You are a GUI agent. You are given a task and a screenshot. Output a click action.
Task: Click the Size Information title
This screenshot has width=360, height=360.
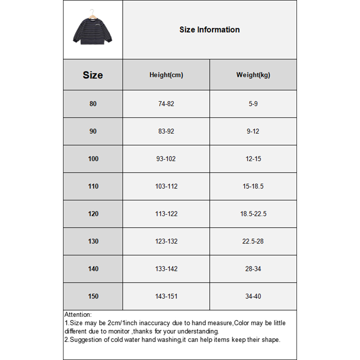click(x=209, y=30)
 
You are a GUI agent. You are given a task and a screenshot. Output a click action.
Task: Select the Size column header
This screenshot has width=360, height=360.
click(x=93, y=75)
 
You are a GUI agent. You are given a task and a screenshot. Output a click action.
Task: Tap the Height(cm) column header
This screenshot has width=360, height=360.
click(x=166, y=75)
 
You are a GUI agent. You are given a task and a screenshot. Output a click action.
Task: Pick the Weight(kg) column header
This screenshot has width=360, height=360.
click(x=253, y=75)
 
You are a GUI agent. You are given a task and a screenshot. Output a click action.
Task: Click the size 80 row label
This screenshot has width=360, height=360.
click(x=93, y=104)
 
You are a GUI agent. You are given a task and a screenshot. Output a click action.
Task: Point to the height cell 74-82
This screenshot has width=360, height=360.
click(x=166, y=104)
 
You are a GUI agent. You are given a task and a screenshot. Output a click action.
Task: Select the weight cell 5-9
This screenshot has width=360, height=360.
click(x=253, y=104)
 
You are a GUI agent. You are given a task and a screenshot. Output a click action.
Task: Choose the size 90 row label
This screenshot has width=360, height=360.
click(x=93, y=131)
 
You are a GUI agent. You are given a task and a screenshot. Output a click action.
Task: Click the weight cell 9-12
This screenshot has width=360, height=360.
click(x=253, y=131)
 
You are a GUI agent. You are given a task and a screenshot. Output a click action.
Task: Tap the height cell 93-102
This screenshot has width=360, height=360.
click(x=166, y=159)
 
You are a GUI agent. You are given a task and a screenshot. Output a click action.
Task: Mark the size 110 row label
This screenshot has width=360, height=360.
click(x=93, y=186)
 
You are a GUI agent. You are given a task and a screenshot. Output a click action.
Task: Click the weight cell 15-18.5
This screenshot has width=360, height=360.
click(x=253, y=186)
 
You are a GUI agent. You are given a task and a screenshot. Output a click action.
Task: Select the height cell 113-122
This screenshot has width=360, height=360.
click(x=166, y=214)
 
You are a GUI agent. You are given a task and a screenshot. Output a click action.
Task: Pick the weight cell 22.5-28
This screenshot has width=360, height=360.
click(x=253, y=241)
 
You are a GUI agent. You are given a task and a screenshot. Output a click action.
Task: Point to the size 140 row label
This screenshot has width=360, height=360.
click(x=93, y=269)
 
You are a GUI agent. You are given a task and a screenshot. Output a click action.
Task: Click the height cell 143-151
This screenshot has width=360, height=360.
click(x=166, y=296)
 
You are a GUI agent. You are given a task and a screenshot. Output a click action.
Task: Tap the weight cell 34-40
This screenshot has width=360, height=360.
click(x=253, y=296)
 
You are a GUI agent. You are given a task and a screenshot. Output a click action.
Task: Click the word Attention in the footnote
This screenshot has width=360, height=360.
click(x=77, y=315)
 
